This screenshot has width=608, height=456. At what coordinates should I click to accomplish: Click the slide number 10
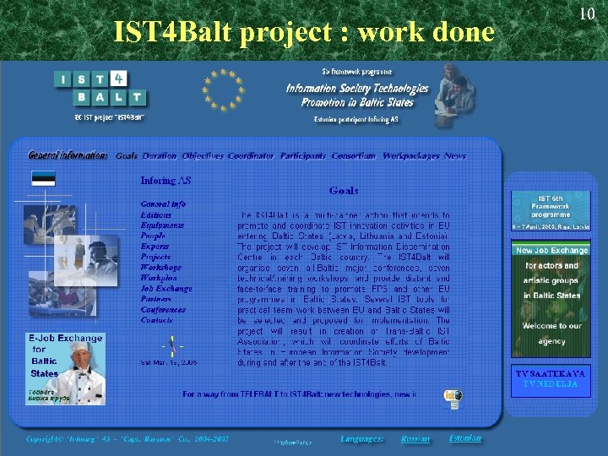589,14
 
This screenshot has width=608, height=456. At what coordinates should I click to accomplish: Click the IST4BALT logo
99,90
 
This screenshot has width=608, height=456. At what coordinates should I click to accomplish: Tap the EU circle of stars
224,90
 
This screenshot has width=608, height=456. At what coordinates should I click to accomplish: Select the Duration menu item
160,155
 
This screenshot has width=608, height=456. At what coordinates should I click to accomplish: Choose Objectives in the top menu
203,155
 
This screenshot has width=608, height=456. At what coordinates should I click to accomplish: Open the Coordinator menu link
251,155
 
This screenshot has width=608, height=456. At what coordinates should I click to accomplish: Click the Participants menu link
303,155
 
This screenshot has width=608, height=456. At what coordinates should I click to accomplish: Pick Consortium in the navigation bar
354,155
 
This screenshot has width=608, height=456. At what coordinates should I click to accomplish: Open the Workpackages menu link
411,155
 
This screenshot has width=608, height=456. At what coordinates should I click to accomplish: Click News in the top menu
455,155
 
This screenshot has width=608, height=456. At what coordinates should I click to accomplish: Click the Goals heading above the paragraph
344,191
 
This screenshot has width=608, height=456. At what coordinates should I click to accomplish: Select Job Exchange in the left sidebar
166,288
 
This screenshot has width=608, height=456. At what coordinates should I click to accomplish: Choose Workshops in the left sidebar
160,267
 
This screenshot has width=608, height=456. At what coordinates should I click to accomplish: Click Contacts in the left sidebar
157,320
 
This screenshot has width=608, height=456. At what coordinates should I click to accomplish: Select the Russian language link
415,439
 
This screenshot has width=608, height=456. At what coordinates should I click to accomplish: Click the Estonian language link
465,438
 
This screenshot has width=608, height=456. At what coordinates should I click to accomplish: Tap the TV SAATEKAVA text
550,373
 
